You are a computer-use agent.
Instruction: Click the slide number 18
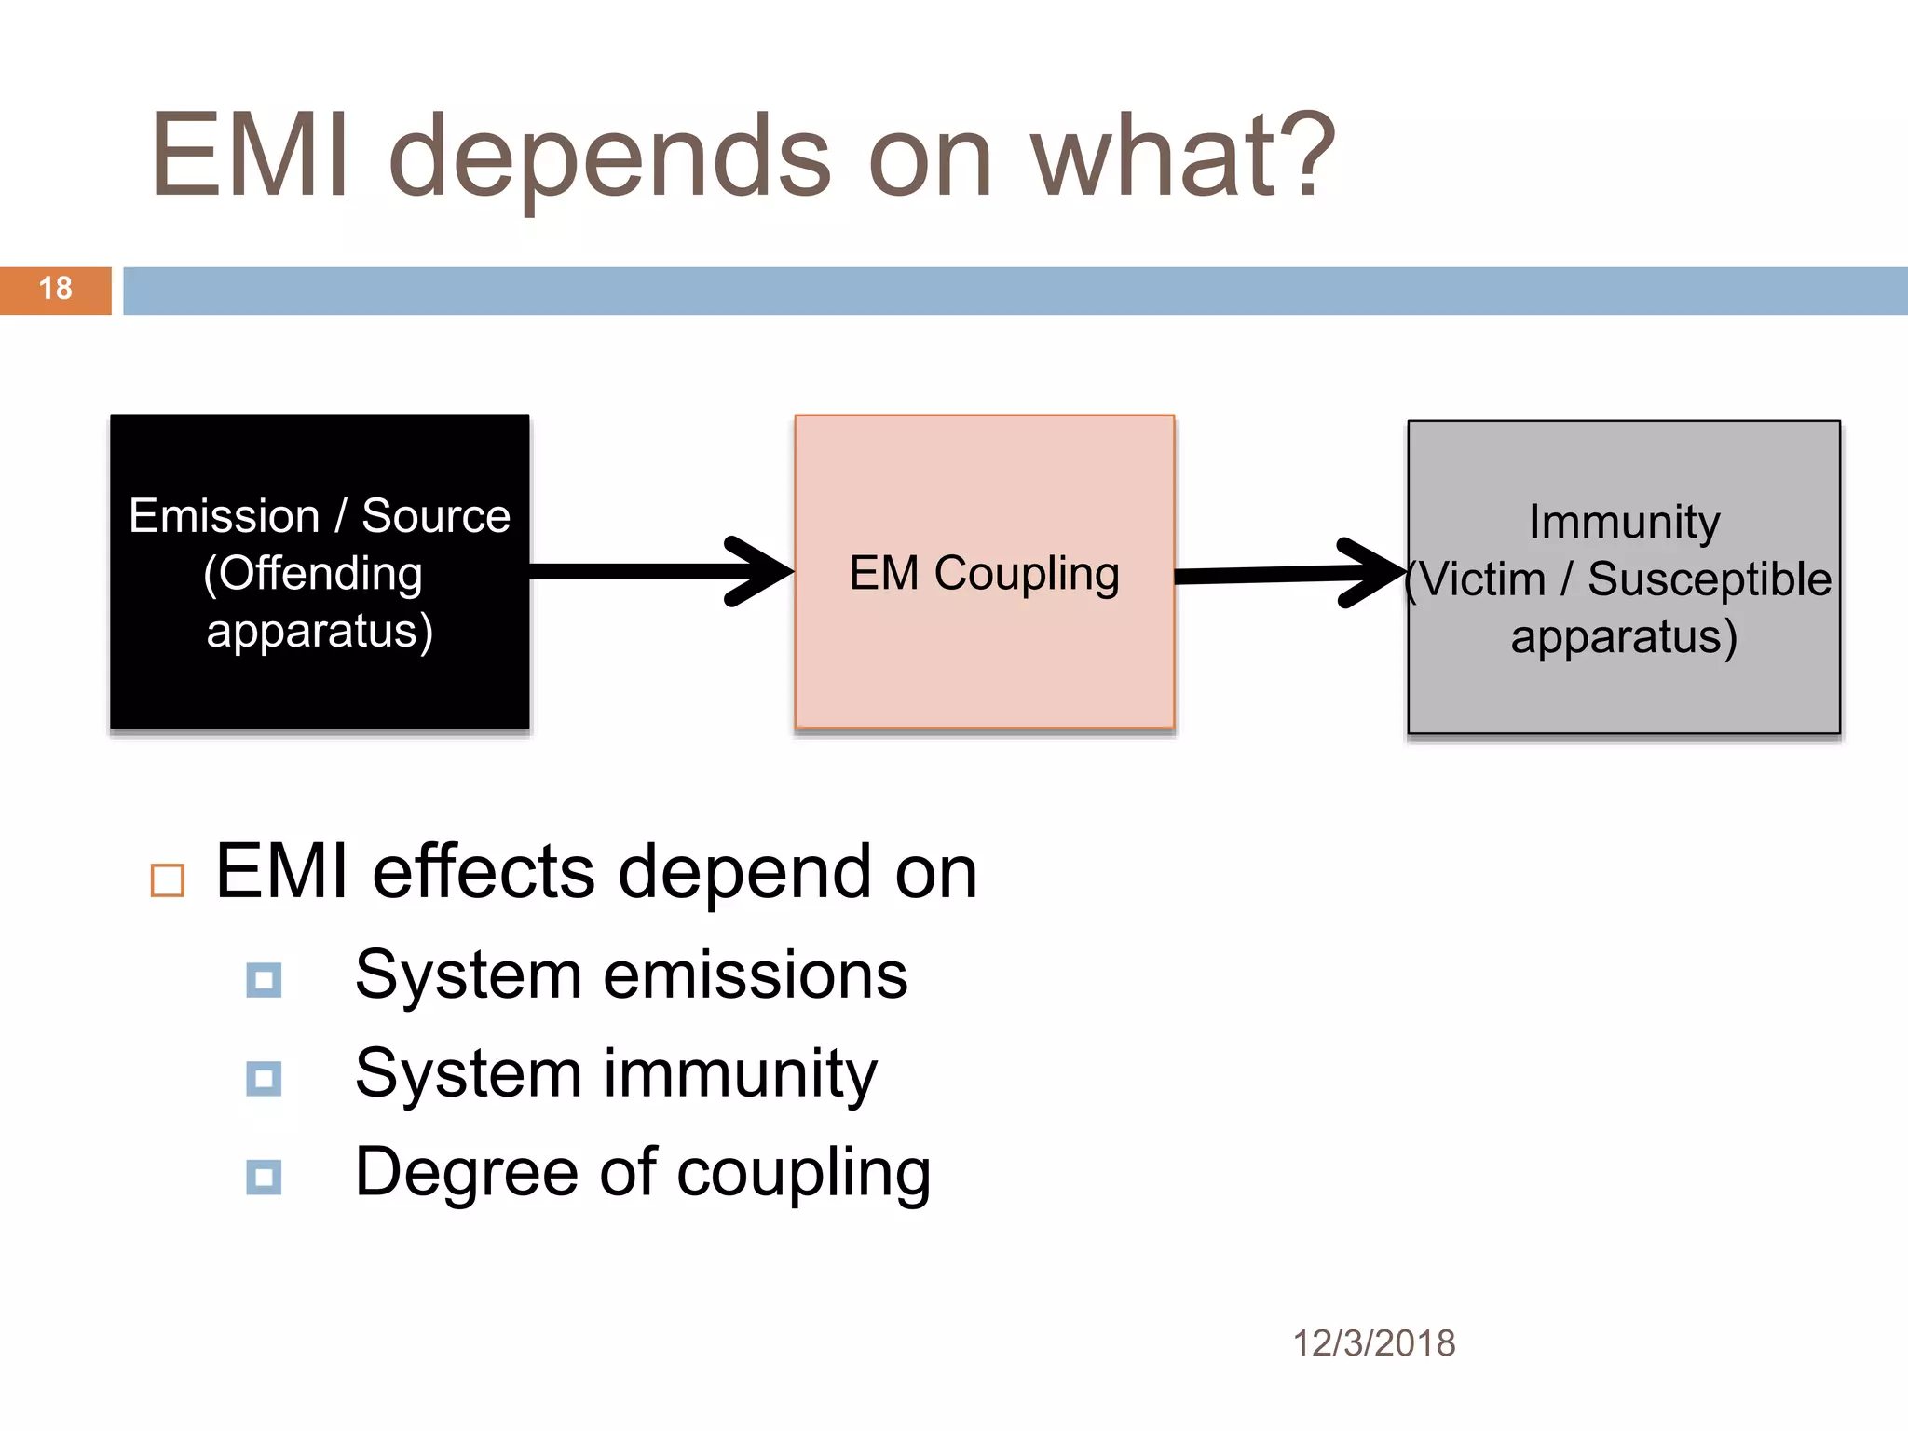click(x=56, y=289)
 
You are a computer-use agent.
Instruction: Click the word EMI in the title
click(x=251, y=156)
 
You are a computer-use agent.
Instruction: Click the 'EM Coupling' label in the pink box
click(x=984, y=573)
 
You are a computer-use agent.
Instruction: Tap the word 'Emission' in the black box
click(x=224, y=515)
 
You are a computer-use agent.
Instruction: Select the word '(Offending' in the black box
click(x=313, y=573)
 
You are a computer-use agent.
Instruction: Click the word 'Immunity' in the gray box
click(x=1624, y=522)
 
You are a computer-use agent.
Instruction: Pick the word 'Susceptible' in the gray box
click(x=1710, y=579)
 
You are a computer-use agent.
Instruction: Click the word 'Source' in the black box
click(x=436, y=515)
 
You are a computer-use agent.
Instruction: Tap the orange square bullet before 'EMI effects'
click(x=168, y=879)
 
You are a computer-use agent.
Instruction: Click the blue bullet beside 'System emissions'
click(x=264, y=980)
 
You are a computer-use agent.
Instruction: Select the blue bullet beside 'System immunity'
click(x=264, y=1079)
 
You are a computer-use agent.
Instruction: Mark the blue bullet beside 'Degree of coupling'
click(x=264, y=1177)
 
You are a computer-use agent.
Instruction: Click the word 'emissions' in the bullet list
click(x=756, y=975)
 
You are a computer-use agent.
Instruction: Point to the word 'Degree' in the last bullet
click(x=467, y=1172)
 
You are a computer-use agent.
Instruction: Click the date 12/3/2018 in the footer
click(x=1373, y=1343)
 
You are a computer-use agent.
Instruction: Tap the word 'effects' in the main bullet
click(x=484, y=872)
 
